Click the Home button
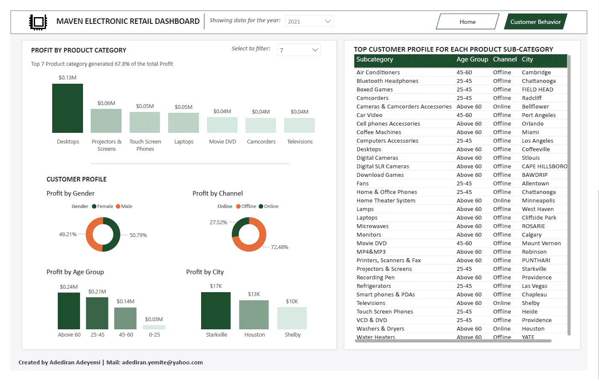(467, 22)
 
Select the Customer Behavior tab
(535, 22)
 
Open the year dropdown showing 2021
(309, 21)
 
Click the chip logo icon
(38, 22)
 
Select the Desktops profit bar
(68, 108)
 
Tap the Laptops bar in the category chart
(184, 123)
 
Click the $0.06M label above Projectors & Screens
(106, 103)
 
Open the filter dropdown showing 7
(299, 50)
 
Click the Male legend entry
(124, 206)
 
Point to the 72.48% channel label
(279, 247)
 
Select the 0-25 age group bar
(154, 327)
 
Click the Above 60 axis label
(69, 334)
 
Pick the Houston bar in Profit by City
(254, 315)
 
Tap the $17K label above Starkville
(216, 286)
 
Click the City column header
(527, 59)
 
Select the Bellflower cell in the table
(535, 106)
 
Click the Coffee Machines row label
(379, 132)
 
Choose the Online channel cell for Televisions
(502, 303)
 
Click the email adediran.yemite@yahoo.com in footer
(162, 362)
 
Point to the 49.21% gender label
(68, 234)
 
